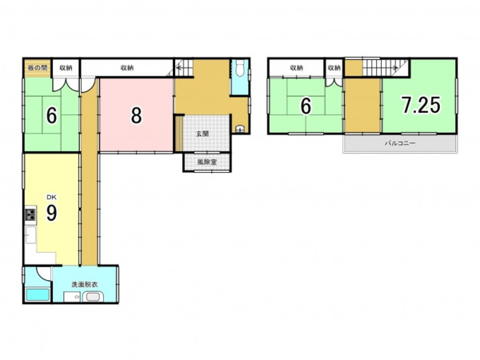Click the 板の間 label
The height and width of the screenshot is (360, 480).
click(37, 68)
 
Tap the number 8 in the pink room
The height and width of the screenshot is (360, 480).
click(136, 115)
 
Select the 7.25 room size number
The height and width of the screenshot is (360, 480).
click(422, 105)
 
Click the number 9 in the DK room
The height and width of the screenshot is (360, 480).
click(51, 213)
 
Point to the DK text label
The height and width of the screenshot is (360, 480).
click(51, 197)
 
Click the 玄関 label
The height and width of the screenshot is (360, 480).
click(202, 134)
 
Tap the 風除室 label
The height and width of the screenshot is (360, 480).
click(207, 162)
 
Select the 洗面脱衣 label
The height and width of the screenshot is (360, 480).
click(85, 284)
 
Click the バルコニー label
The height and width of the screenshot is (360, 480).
click(400, 143)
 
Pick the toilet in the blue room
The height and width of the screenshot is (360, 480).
click(240, 68)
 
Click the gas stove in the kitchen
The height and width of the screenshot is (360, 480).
click(30, 214)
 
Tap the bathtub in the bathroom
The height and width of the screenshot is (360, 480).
click(38, 294)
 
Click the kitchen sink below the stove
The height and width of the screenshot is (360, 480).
click(30, 234)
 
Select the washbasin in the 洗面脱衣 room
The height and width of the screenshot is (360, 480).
click(93, 297)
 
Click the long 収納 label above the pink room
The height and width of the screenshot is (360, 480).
click(127, 68)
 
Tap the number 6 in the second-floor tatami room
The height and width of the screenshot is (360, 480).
click(306, 106)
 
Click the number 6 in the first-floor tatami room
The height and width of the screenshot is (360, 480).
click(51, 116)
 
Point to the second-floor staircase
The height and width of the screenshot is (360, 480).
click(386, 67)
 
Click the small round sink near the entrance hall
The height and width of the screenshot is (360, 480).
click(240, 129)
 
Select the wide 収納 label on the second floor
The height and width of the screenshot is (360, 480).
click(296, 68)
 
